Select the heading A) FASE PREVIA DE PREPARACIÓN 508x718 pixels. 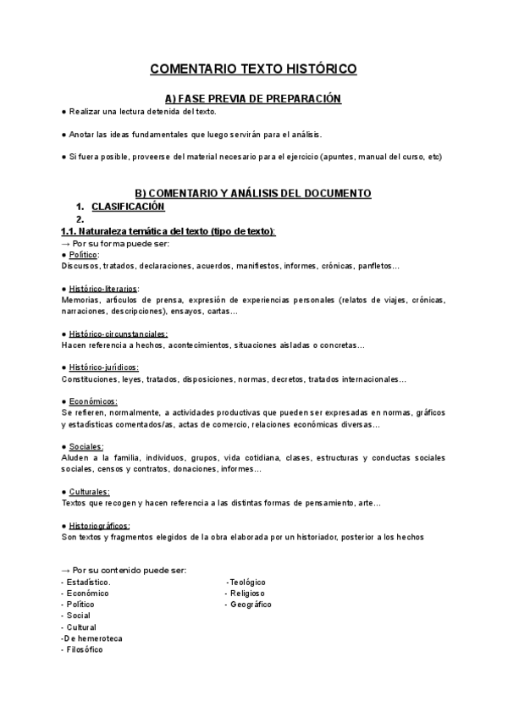pyautogui.click(x=253, y=99)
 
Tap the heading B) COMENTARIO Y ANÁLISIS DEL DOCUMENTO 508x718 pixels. pyautogui.click(x=253, y=193)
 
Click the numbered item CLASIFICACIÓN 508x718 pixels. pyautogui.click(x=128, y=207)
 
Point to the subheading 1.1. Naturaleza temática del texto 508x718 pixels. pyautogui.click(x=168, y=232)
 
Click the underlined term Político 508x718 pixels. pyautogui.click(x=84, y=255)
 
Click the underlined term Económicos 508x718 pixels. pyautogui.click(x=93, y=401)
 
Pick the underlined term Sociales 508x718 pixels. pyautogui.click(x=86, y=446)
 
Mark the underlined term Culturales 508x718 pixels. pyautogui.click(x=90, y=492)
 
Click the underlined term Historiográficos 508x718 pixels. pyautogui.click(x=99, y=526)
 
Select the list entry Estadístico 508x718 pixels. pyautogui.click(x=87, y=583)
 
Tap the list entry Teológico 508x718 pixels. pyautogui.click(x=247, y=583)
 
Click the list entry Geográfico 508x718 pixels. pyautogui.click(x=251, y=605)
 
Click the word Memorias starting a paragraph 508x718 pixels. pyautogui.click(x=80, y=300)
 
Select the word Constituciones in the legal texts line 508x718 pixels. pyautogui.click(x=89, y=378)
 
